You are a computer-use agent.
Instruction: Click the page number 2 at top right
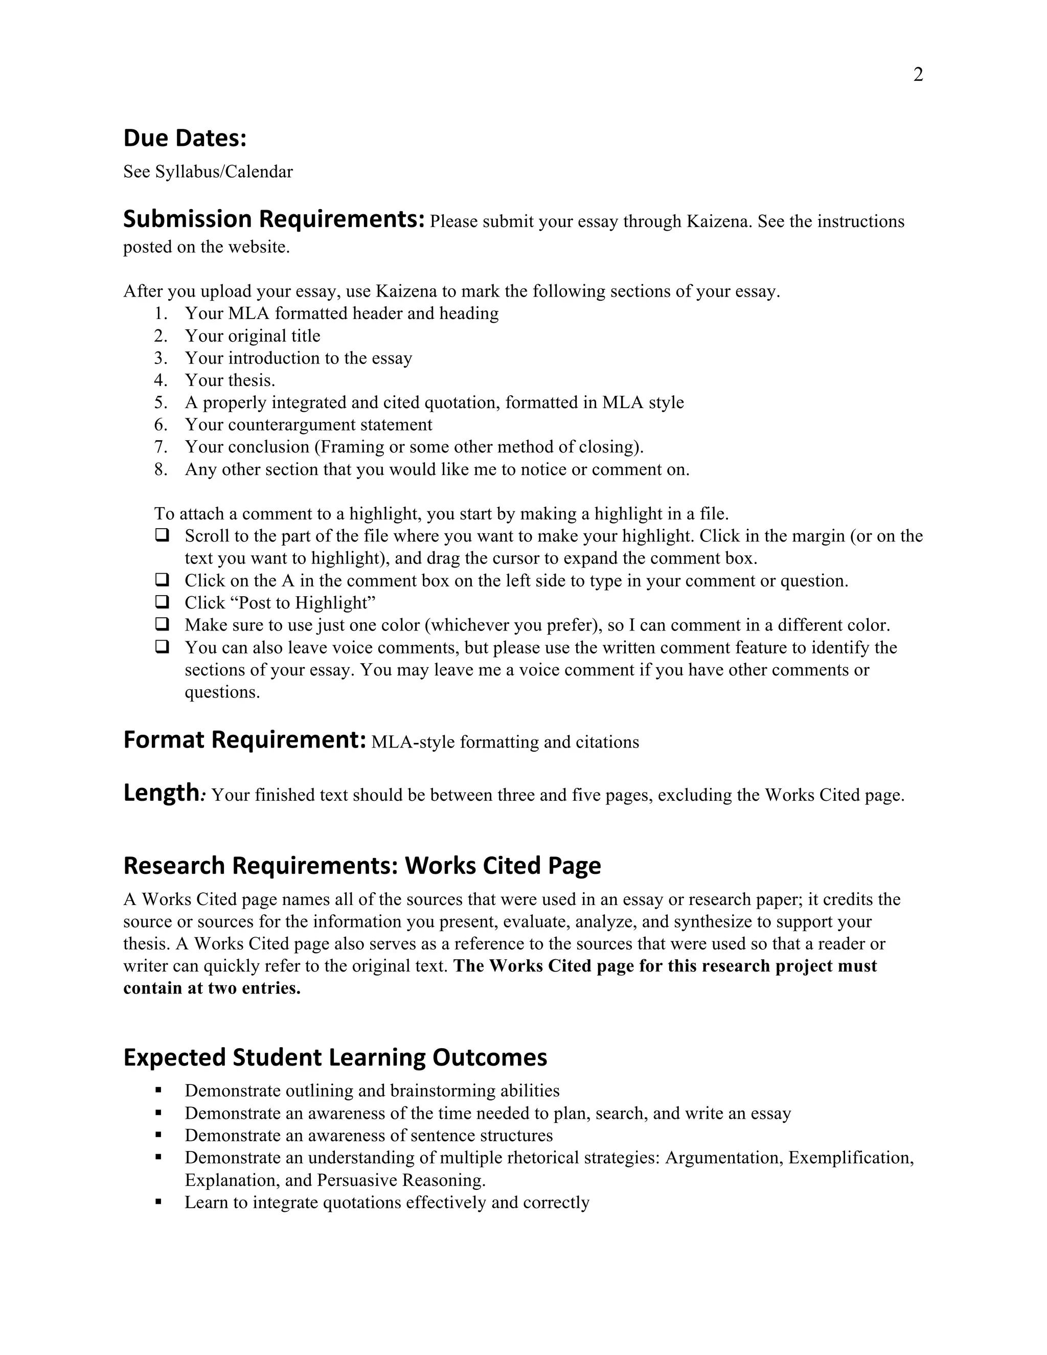pyautogui.click(x=918, y=75)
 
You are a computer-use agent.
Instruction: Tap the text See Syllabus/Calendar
pyautogui.click(x=208, y=172)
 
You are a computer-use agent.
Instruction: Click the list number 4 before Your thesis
pyautogui.click(x=160, y=380)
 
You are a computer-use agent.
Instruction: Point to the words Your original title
pyautogui.click(x=253, y=335)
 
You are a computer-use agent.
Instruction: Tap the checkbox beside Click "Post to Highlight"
pyautogui.click(x=162, y=602)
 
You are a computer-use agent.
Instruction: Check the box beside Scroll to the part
pyautogui.click(x=162, y=535)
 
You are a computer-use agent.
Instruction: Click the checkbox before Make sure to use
pyautogui.click(x=162, y=624)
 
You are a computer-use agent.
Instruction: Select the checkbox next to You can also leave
pyautogui.click(x=162, y=646)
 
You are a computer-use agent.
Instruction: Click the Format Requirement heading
pyautogui.click(x=244, y=740)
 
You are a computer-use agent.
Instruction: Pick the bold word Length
pyautogui.click(x=160, y=793)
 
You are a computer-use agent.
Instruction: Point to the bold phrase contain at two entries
pyautogui.click(x=212, y=988)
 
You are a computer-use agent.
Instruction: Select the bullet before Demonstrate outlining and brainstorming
pyautogui.click(x=159, y=1090)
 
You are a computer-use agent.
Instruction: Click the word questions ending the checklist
pyautogui.click(x=221, y=692)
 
